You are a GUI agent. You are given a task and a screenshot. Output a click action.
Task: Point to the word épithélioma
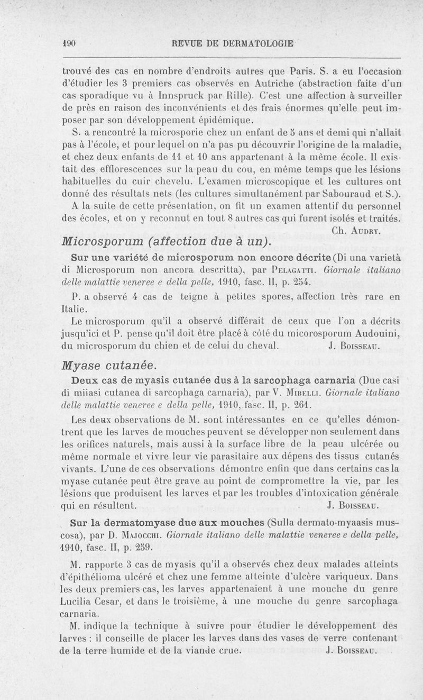point(89,578)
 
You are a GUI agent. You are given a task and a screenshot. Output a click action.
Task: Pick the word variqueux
point(358,578)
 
